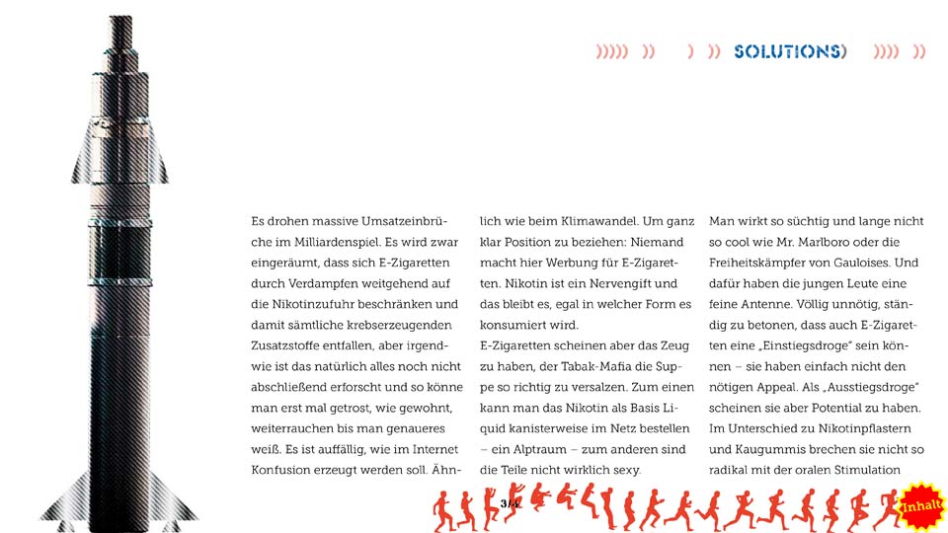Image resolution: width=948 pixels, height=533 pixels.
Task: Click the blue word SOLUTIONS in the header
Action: (789, 51)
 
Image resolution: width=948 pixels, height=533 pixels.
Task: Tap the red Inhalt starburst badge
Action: (921, 506)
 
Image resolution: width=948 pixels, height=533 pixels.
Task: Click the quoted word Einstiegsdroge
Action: (818, 345)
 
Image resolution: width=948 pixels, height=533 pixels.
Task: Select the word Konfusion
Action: (284, 470)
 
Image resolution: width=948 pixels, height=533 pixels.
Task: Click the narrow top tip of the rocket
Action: (120, 25)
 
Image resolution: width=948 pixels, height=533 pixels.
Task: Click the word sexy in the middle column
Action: (624, 470)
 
